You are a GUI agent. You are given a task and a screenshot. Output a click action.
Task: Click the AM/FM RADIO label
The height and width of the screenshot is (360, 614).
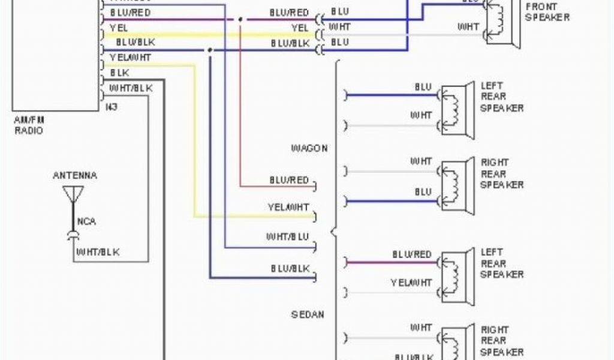click(x=29, y=125)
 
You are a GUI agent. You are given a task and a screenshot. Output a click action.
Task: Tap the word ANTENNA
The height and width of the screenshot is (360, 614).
click(x=74, y=176)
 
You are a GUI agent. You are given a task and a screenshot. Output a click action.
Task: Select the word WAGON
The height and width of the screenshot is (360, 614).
click(x=309, y=148)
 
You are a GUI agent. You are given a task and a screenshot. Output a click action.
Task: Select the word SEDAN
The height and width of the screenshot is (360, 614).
click(x=308, y=314)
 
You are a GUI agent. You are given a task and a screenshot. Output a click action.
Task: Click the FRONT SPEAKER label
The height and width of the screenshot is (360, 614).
click(x=547, y=12)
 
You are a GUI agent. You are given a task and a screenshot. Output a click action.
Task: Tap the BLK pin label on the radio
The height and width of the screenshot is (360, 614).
click(x=120, y=73)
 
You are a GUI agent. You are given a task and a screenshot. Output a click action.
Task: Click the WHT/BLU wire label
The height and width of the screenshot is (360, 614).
click(x=287, y=237)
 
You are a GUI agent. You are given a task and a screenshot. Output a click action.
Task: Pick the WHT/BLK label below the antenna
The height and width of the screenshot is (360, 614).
click(x=97, y=252)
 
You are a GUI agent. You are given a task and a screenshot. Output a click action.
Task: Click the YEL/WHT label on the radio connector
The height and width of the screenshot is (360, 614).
click(x=130, y=58)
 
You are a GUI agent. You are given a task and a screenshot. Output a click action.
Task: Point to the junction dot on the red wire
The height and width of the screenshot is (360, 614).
click(x=240, y=20)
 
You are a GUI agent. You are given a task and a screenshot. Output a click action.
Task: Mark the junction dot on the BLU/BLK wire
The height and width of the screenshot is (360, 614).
click(x=210, y=50)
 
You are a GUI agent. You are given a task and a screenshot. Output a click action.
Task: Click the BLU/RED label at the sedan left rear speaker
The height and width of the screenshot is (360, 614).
click(x=412, y=255)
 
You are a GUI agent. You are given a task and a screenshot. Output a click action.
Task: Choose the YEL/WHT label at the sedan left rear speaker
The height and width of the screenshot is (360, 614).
click(x=411, y=282)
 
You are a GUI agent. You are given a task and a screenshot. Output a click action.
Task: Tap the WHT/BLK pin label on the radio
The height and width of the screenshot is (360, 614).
click(x=131, y=88)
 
